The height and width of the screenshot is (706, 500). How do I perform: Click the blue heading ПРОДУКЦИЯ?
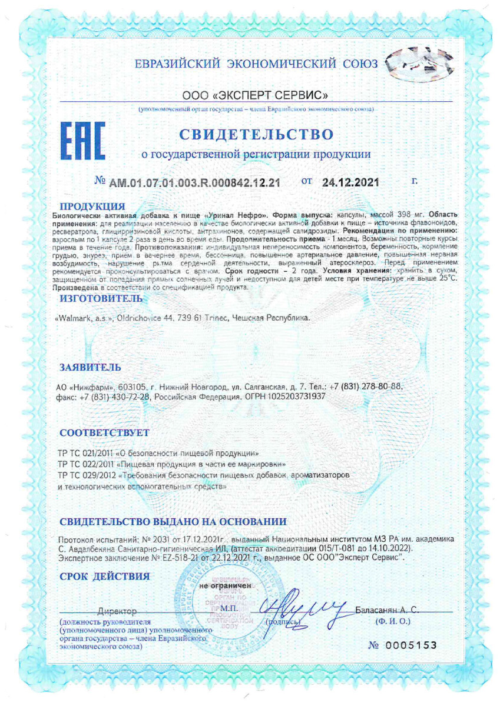click(x=94, y=206)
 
